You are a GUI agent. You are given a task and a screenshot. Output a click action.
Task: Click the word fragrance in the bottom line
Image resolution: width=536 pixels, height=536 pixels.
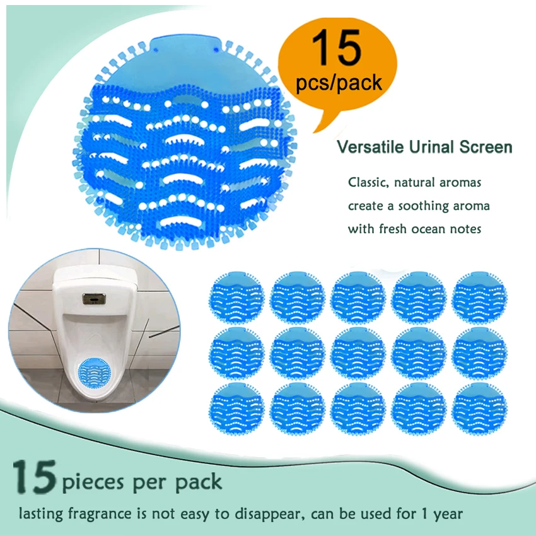point(92,514)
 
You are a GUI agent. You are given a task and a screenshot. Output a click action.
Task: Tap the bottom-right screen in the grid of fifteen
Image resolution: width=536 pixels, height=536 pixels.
point(477,406)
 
